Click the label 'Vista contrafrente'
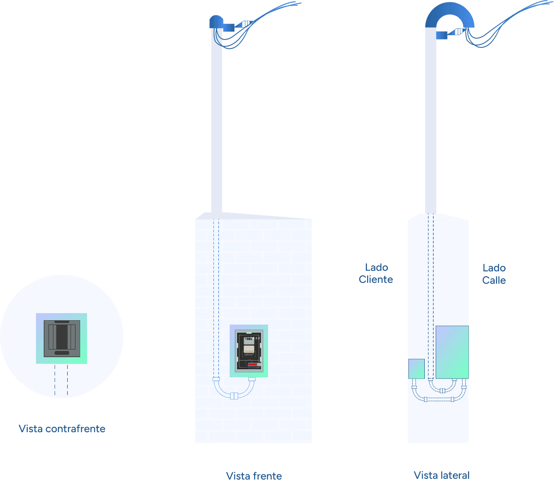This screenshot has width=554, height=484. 62,429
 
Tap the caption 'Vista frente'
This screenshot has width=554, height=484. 254,476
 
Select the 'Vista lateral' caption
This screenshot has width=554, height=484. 441,475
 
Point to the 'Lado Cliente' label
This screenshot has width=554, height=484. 376,273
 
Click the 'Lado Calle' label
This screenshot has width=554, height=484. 494,274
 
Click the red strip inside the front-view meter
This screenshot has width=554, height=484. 253,364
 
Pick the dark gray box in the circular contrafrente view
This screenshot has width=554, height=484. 62,338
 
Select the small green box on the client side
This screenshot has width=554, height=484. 416,369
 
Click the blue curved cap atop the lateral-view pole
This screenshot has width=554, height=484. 450,15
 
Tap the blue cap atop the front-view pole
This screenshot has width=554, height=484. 216,22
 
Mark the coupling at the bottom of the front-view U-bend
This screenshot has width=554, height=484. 234,396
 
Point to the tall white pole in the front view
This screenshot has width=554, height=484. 217,123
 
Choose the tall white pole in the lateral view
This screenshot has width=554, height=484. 431,123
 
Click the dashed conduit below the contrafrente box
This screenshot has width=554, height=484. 61,380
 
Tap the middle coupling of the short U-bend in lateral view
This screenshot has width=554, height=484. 442,390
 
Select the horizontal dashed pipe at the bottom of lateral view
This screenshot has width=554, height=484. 439,399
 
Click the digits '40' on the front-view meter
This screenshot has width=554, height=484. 257,338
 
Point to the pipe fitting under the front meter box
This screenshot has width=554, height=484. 252,379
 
